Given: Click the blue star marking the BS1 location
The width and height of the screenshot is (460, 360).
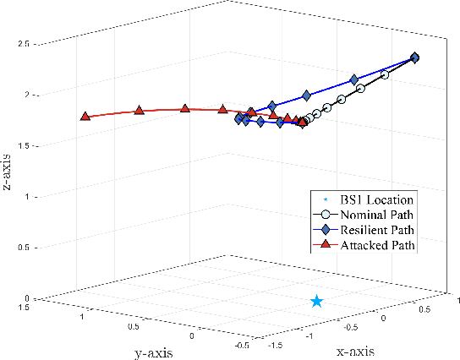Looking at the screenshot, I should click(x=316, y=301).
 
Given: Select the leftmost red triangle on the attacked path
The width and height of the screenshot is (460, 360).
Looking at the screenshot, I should click(x=85, y=116).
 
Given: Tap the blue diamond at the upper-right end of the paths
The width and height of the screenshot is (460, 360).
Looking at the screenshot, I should click(x=414, y=57).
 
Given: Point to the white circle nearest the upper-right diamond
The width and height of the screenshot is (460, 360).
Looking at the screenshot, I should click(x=385, y=75).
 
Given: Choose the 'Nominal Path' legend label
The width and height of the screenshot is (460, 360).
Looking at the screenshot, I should click(x=380, y=215).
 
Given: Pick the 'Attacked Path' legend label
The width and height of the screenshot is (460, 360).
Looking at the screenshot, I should click(x=381, y=245).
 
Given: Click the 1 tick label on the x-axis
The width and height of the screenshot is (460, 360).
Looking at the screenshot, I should click(x=457, y=299).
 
